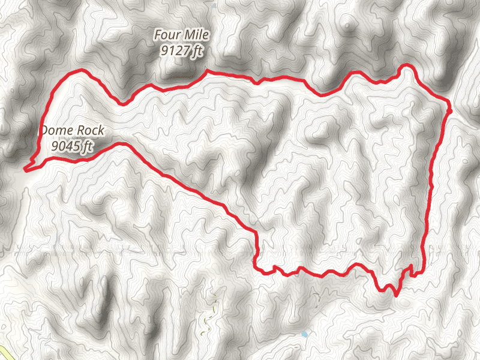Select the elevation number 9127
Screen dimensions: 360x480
pos(173,52)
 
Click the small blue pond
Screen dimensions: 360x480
pos(305,334)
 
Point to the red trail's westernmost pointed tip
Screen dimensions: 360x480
pos(26,169)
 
